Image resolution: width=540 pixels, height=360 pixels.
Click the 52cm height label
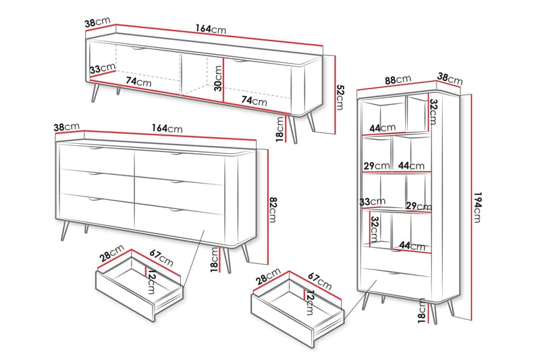tap(340, 97)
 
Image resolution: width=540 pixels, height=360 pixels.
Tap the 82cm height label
tap(273, 209)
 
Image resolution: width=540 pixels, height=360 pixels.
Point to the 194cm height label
tap(477, 207)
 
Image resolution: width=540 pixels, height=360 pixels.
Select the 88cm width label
tap(398, 80)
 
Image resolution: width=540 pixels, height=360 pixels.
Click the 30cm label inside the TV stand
tap(218, 78)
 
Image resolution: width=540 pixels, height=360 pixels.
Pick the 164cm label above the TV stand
tap(211, 28)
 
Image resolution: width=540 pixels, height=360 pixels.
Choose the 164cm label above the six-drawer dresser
tap(167, 128)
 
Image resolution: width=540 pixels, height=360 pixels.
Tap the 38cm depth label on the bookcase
tap(450, 78)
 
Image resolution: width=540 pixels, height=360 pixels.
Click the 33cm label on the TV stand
tap(103, 68)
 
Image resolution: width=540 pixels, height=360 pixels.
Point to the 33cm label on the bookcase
tap(373, 201)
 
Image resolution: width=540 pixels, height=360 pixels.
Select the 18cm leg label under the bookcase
tap(423, 311)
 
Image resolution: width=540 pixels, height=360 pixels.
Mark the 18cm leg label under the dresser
tap(215, 260)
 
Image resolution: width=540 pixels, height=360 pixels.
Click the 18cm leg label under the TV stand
tap(280, 129)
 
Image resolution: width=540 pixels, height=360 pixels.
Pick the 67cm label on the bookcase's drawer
tap(319, 281)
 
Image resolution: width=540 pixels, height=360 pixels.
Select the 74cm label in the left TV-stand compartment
tap(138, 82)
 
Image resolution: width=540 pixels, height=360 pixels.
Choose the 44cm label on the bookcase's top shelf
tap(383, 128)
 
